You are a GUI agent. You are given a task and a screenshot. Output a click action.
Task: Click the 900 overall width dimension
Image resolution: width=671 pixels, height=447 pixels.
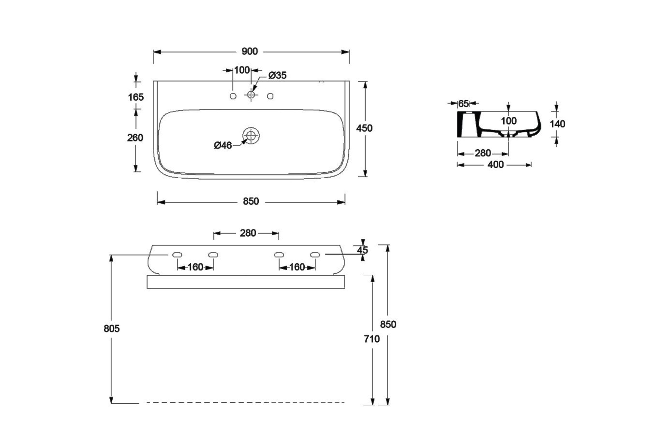pyautogui.click(x=250, y=51)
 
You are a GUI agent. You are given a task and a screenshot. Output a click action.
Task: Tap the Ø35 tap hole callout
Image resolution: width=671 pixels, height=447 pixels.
pyautogui.click(x=277, y=75)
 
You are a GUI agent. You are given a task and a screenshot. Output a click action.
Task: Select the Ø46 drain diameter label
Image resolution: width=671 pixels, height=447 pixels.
pyautogui.click(x=223, y=145)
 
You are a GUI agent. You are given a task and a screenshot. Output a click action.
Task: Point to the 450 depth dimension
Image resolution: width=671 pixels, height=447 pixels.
pyautogui.click(x=364, y=128)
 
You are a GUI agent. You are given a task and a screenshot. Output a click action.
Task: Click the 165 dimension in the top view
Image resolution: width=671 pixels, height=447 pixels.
pyautogui.click(x=136, y=97)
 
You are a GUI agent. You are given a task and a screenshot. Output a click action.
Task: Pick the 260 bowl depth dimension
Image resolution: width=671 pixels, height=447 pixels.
pyautogui.click(x=135, y=138)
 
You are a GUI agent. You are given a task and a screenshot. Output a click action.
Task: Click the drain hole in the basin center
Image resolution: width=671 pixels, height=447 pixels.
pyautogui.click(x=251, y=136)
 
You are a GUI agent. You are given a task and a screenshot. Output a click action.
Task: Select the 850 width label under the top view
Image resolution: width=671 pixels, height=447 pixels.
pyautogui.click(x=251, y=201)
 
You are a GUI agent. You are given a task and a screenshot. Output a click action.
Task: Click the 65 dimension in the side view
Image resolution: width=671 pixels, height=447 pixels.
pyautogui.click(x=463, y=104)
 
